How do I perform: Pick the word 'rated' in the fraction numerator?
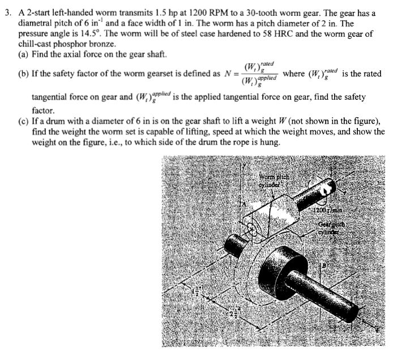(x=264, y=65)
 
